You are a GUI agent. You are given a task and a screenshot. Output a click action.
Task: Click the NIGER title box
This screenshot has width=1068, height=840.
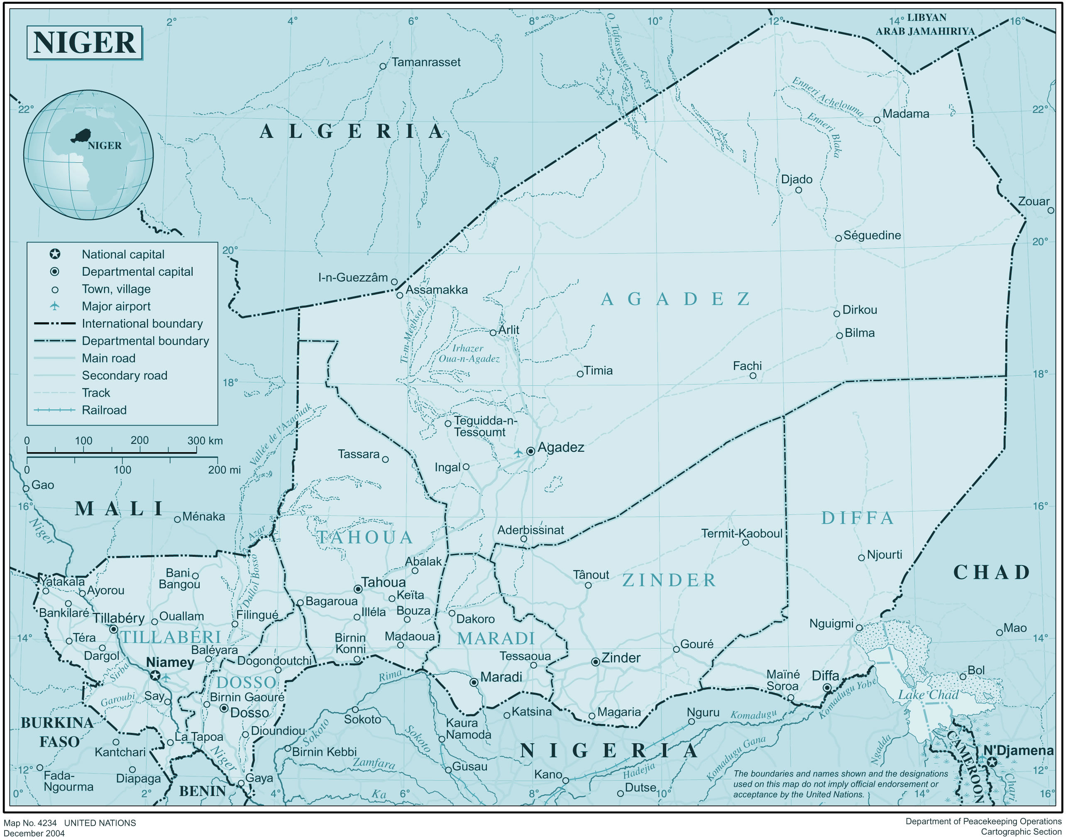coord(84,42)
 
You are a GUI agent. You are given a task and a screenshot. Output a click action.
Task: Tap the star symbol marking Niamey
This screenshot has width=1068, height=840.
coord(155,676)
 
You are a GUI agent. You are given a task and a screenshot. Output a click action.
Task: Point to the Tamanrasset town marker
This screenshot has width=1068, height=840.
coord(383,66)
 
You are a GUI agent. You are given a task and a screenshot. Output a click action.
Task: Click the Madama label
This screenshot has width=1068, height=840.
coord(906,114)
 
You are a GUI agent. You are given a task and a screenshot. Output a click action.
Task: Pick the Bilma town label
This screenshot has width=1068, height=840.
coord(860,333)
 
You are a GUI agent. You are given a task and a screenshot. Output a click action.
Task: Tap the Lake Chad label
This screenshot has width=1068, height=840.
coord(929,695)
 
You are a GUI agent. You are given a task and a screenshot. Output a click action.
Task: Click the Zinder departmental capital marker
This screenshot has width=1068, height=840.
coord(596,662)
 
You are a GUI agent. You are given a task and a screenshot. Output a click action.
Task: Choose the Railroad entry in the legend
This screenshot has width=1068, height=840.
coord(104,410)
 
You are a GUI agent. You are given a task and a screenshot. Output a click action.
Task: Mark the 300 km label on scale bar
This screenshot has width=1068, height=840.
coord(205,441)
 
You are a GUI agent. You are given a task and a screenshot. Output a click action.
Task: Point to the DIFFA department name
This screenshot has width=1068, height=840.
coord(858,518)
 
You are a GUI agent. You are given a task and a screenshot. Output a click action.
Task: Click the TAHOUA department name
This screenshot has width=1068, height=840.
coord(364,538)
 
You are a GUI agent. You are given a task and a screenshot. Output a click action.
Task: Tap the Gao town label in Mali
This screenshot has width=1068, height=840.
coord(43,485)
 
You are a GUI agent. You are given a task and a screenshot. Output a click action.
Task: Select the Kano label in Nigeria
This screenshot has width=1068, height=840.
coord(548,774)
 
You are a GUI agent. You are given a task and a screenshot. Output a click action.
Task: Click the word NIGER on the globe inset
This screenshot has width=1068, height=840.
coord(104,146)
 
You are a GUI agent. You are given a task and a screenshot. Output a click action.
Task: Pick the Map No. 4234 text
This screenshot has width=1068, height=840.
coord(30,823)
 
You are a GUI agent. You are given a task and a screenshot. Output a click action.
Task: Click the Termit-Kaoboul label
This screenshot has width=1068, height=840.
coord(741,534)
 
